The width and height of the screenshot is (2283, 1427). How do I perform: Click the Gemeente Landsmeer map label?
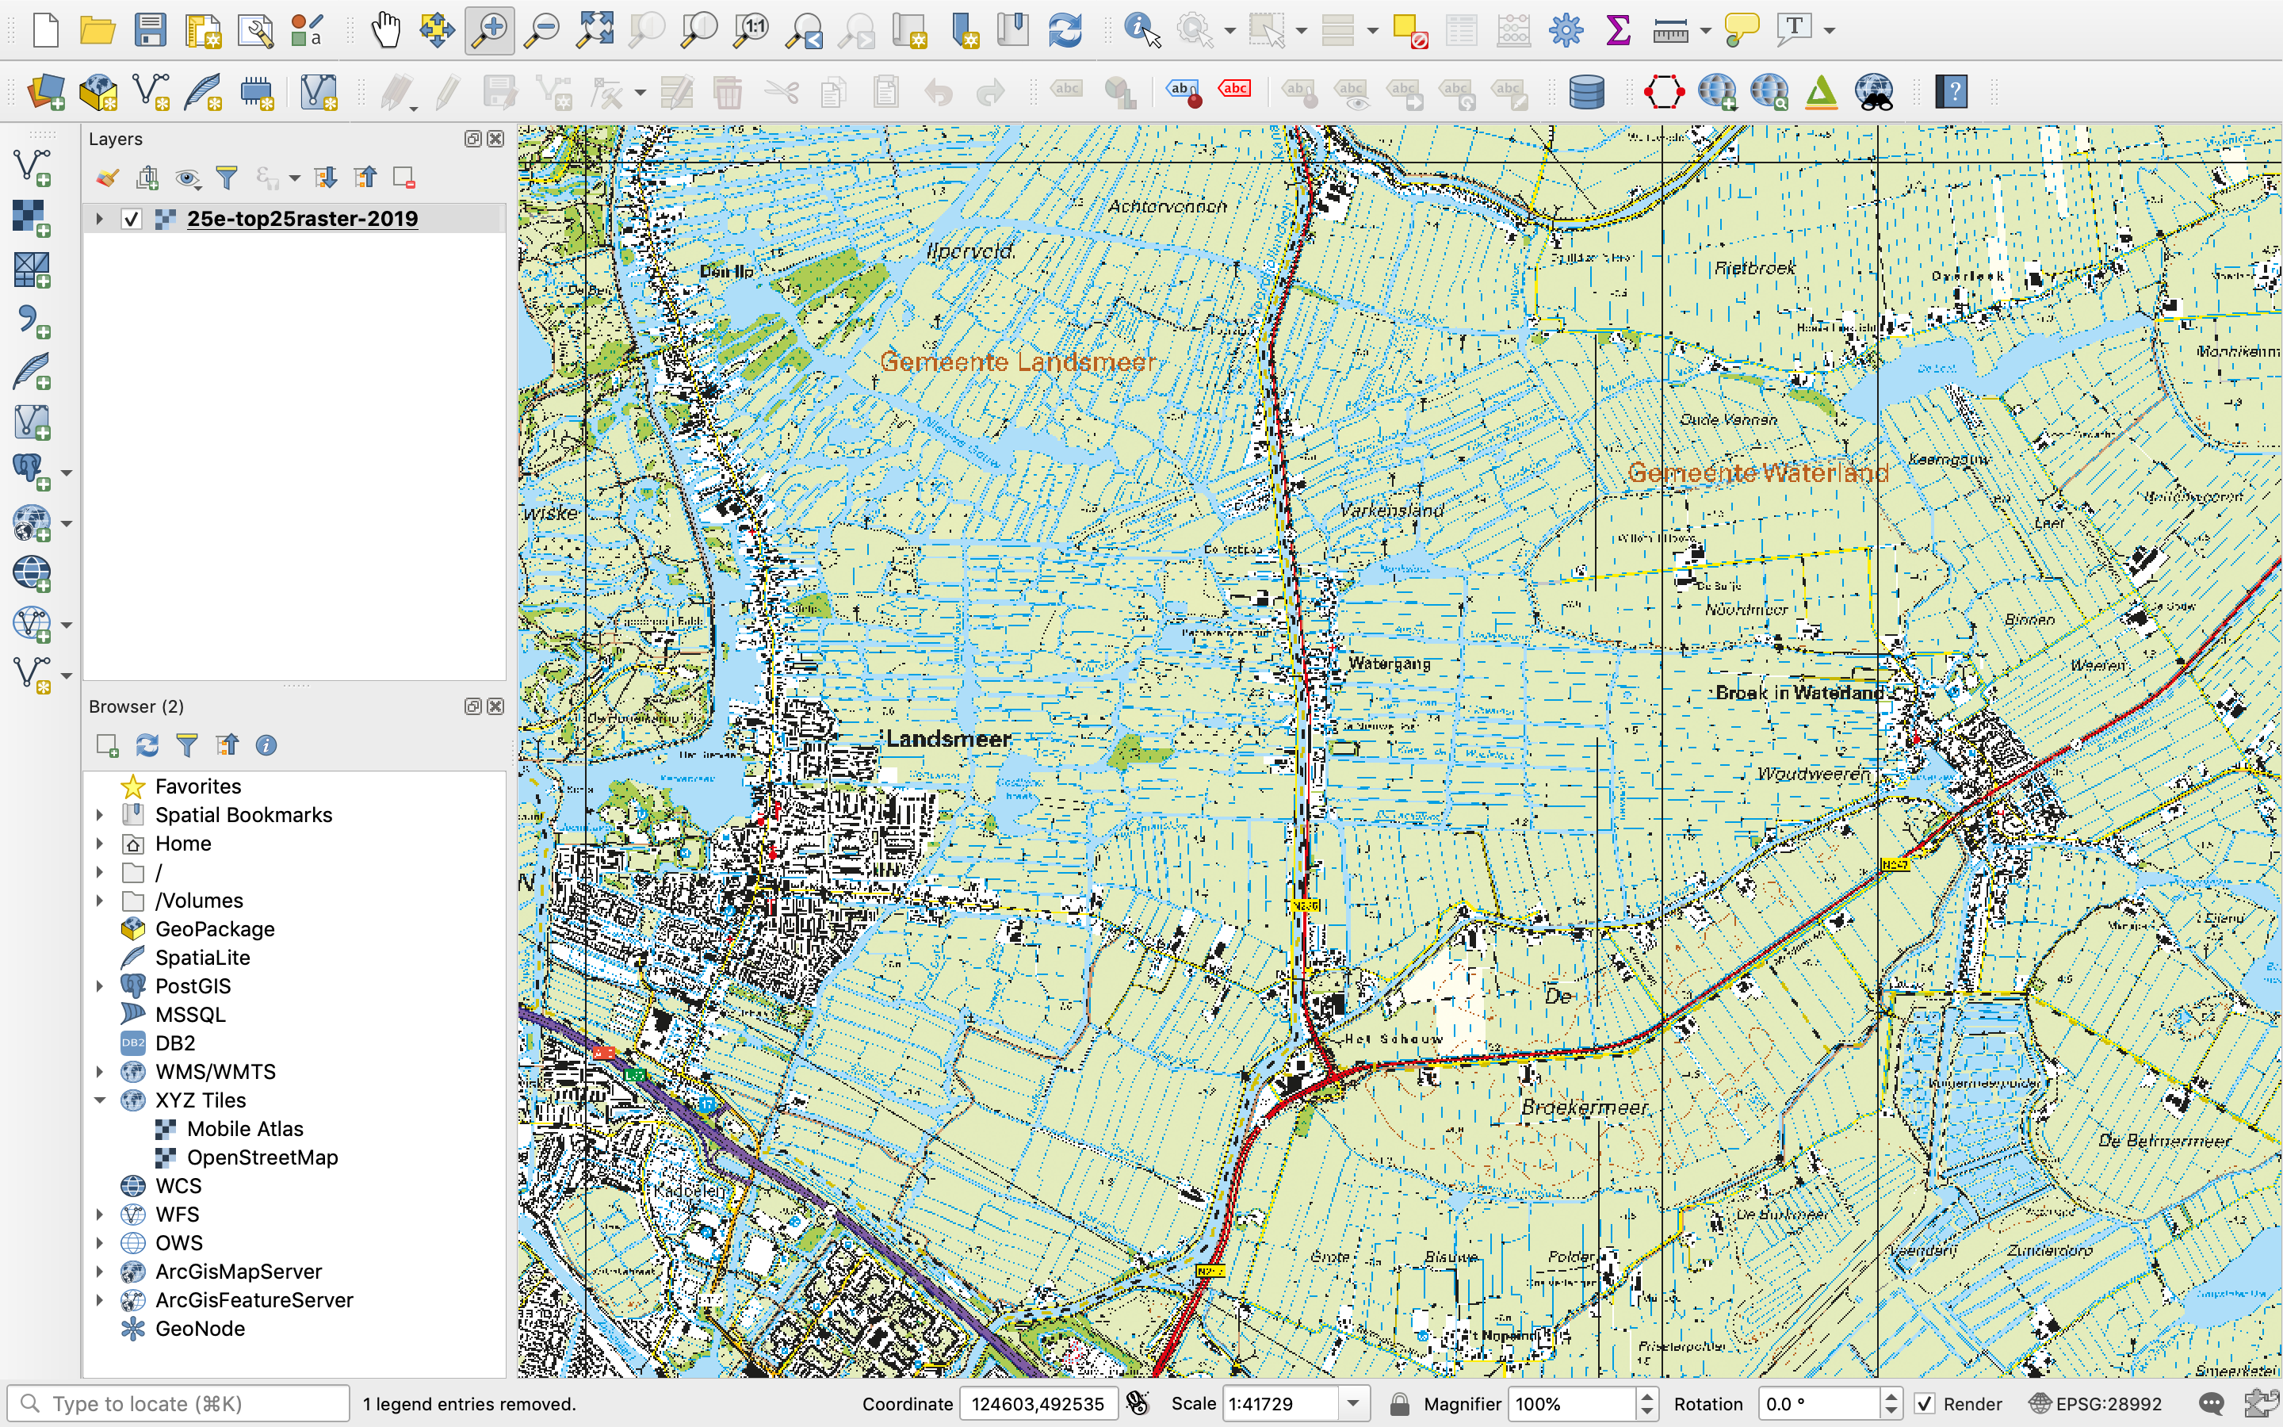1017,362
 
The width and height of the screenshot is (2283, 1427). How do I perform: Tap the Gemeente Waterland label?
1757,472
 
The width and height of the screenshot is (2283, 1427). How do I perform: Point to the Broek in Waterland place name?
1799,693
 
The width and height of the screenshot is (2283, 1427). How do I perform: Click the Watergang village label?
1389,664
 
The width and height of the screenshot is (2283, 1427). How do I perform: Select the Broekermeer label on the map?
1584,1107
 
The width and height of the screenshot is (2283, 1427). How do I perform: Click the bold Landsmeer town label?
948,739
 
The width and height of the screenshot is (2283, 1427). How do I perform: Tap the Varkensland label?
1391,511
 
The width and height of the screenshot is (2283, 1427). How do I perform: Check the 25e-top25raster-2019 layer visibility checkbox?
131,219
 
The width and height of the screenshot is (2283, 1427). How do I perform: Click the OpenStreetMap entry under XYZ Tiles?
262,1157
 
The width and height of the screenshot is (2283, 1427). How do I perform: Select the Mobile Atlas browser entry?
244,1129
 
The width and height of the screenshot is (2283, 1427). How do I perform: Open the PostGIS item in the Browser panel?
193,986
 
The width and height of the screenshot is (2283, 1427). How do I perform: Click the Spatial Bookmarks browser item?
243,814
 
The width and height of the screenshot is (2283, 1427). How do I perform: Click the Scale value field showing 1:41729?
1280,1403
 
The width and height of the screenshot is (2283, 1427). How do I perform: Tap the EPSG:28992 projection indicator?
2096,1403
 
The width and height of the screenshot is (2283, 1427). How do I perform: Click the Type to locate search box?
179,1403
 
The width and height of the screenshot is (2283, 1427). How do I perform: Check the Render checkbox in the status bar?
1925,1403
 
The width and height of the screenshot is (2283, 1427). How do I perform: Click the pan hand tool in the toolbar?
385,30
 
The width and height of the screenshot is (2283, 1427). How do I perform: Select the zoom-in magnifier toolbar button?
490,30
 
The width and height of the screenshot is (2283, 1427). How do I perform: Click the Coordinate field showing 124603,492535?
1038,1403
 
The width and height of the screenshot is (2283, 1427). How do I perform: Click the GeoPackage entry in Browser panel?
214,928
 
